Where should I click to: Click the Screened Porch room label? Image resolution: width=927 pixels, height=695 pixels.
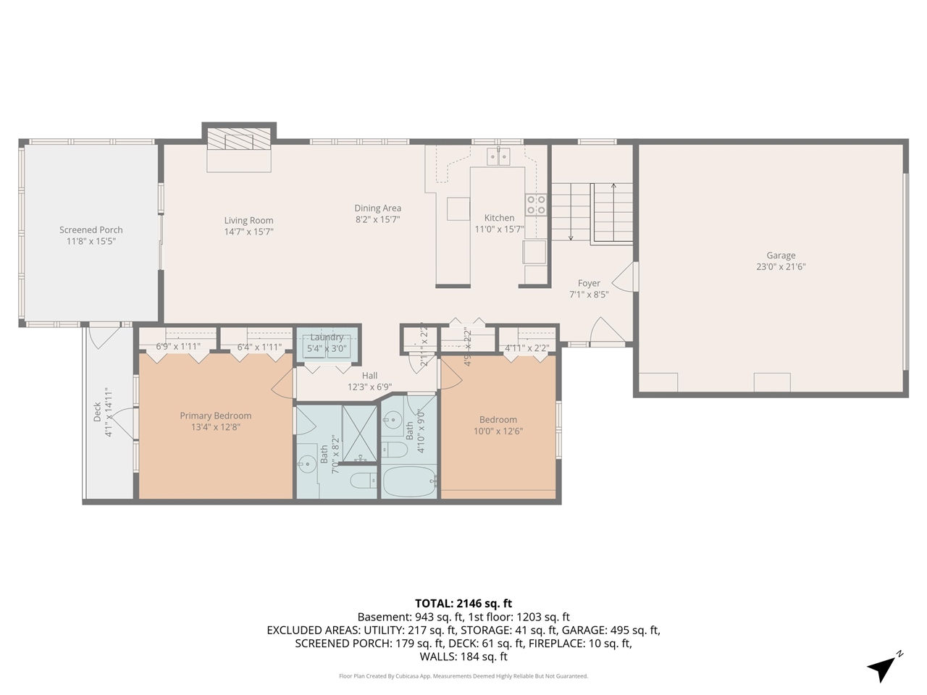(x=91, y=229)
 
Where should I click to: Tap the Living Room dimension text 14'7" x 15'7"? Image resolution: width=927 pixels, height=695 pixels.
(x=248, y=232)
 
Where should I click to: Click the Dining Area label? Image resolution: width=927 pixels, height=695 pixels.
(x=377, y=208)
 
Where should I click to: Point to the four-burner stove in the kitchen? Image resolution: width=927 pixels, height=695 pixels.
(x=536, y=205)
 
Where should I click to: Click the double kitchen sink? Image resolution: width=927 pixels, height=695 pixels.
(x=498, y=156)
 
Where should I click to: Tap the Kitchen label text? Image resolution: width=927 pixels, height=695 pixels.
(x=499, y=217)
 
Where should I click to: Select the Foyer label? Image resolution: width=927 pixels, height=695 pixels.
(x=589, y=283)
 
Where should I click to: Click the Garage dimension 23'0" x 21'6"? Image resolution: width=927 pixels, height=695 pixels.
(x=781, y=266)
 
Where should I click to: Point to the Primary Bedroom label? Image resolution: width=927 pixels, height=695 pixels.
(x=216, y=416)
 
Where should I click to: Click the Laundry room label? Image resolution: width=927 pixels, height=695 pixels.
(x=327, y=337)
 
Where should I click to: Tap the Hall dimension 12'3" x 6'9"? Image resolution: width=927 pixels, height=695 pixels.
(x=369, y=387)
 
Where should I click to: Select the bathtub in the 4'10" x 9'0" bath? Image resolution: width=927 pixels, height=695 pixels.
(x=409, y=482)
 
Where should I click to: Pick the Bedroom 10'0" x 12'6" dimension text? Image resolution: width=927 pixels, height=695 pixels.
(x=498, y=431)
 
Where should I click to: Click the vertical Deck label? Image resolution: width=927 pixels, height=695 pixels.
(x=97, y=413)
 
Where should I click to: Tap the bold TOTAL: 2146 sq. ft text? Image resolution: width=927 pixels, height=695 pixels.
(x=463, y=603)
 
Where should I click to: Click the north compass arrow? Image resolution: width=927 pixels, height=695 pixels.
(x=882, y=667)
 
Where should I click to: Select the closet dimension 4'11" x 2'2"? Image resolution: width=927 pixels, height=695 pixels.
(x=527, y=347)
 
